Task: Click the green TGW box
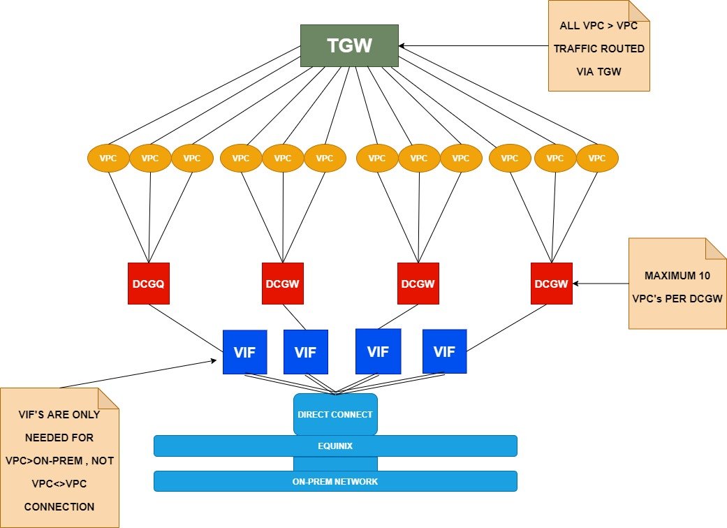pos(349,46)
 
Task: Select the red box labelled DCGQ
pos(149,284)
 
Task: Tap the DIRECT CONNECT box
pos(335,414)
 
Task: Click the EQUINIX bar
pos(335,446)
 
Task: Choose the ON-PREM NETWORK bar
pos(335,481)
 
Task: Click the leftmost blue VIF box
pos(244,352)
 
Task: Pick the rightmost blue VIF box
pos(444,352)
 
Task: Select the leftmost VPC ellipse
pos(108,159)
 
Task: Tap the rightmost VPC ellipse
pos(597,159)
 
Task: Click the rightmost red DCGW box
pos(552,284)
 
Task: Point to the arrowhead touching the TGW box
pos(402,46)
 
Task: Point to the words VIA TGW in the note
pos(599,71)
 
